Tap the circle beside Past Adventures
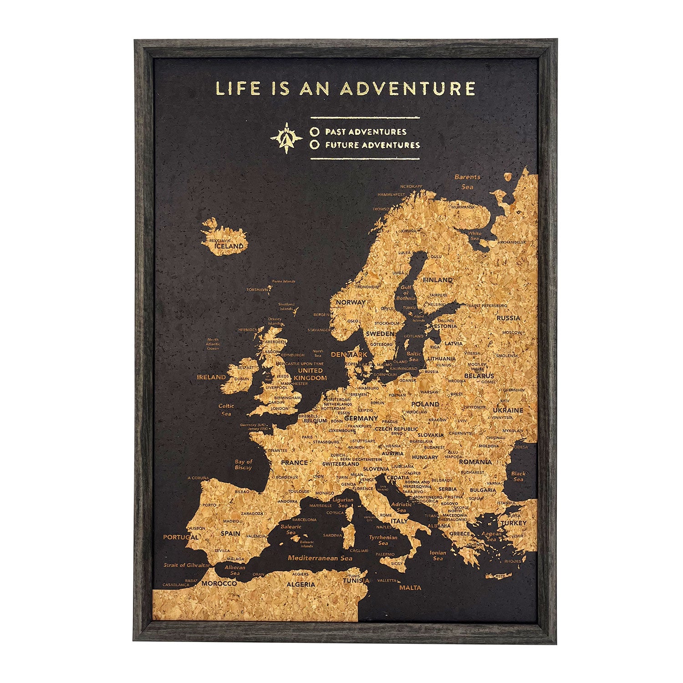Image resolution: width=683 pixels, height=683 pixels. [x=313, y=132]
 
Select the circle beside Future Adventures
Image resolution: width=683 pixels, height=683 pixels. [x=313, y=145]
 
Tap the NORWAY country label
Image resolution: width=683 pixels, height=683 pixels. [x=351, y=302]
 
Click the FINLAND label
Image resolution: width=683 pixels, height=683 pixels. [x=438, y=280]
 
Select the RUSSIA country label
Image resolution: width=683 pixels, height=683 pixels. [x=508, y=318]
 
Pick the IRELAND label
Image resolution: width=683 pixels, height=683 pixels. [x=211, y=377]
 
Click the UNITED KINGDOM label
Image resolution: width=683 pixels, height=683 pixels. [x=311, y=374]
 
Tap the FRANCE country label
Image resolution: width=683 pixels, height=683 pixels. [x=294, y=463]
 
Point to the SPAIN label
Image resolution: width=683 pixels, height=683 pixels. [x=230, y=533]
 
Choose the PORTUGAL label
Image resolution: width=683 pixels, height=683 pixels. [x=181, y=537]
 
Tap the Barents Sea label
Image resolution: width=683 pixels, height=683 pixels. [x=467, y=182]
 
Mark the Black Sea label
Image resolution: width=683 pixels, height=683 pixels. [x=518, y=476]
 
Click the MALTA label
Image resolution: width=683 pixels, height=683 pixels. [x=410, y=587]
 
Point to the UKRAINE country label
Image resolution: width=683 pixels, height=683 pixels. [x=508, y=410]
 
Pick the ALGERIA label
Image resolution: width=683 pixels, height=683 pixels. [x=301, y=584]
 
